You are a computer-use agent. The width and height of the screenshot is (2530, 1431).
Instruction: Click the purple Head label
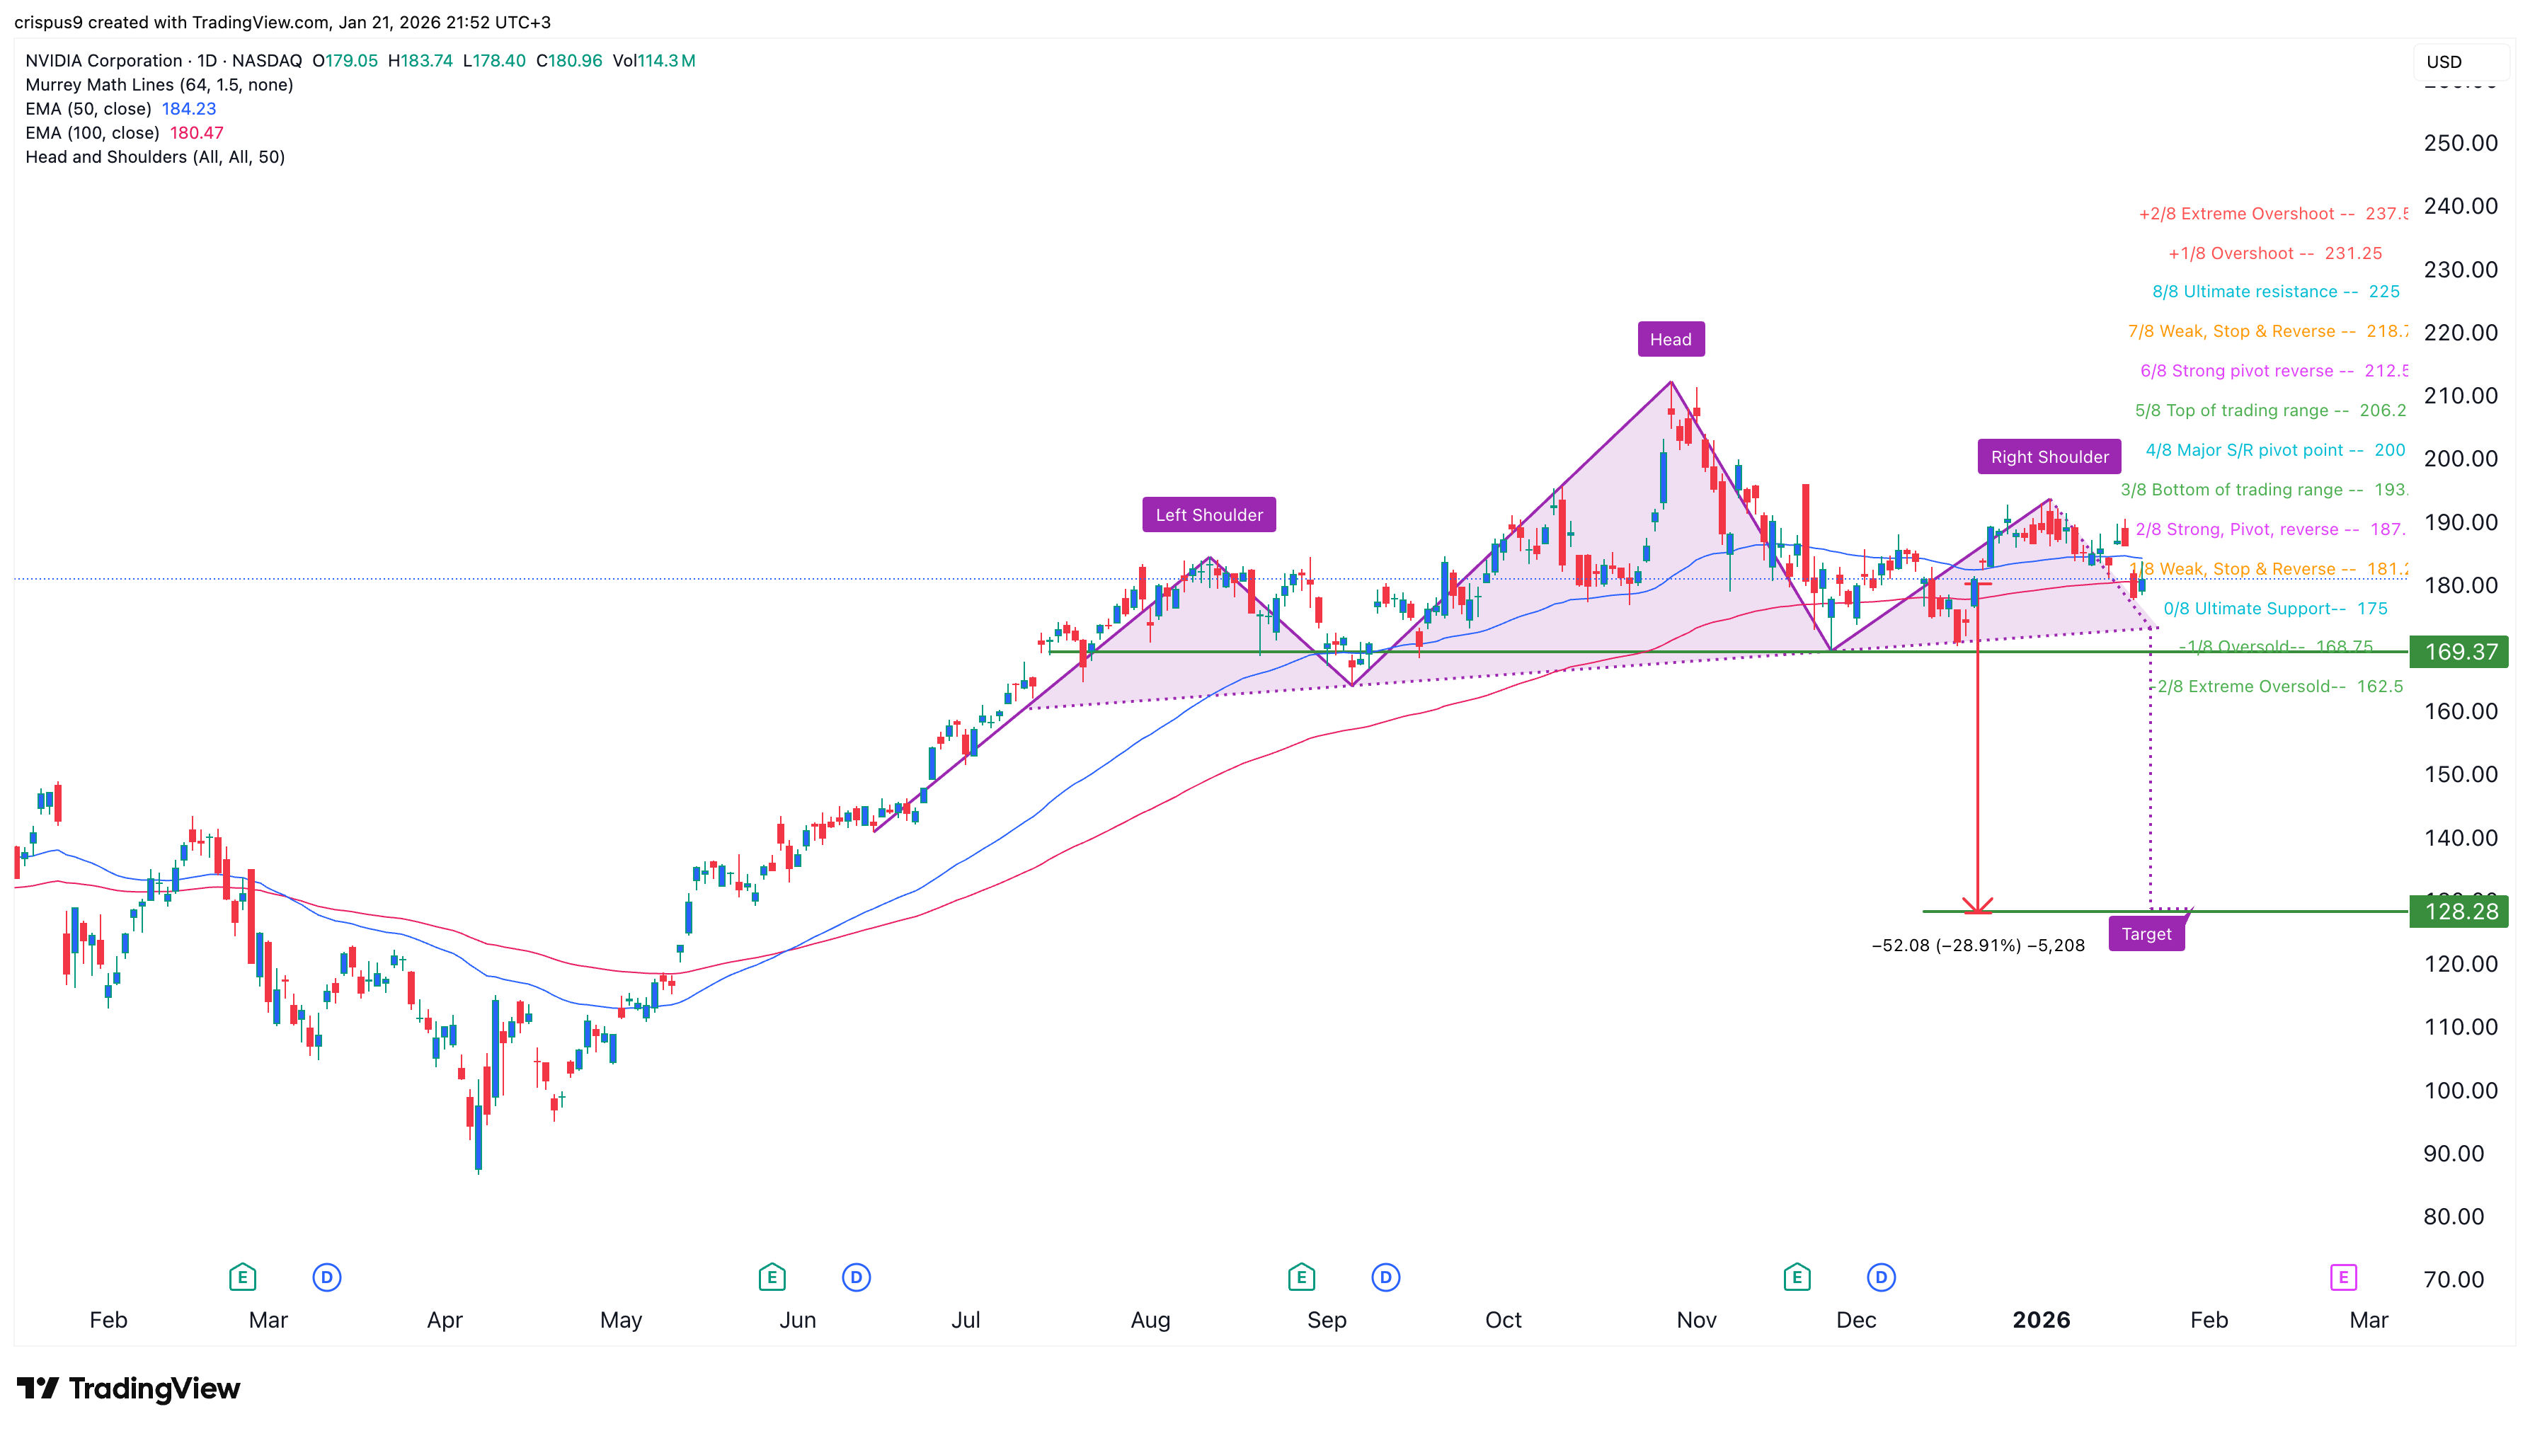(1670, 339)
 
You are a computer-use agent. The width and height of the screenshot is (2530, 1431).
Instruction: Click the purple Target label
(2146, 933)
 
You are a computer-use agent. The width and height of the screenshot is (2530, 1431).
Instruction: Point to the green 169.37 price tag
(2459, 652)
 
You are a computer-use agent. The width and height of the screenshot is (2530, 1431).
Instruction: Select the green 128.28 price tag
(2459, 911)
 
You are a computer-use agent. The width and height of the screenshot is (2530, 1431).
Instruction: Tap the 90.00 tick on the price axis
(2454, 1153)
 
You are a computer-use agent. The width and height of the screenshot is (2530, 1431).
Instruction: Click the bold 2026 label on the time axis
(2041, 1319)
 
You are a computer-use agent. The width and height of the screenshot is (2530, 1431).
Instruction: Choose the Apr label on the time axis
(445, 1319)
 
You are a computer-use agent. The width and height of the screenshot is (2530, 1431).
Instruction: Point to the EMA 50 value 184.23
(189, 108)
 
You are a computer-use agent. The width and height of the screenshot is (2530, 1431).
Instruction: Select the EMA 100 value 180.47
(197, 132)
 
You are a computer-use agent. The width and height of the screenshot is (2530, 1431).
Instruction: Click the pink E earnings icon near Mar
(2342, 1277)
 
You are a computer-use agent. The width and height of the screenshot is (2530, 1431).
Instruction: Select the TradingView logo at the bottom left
(128, 1388)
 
